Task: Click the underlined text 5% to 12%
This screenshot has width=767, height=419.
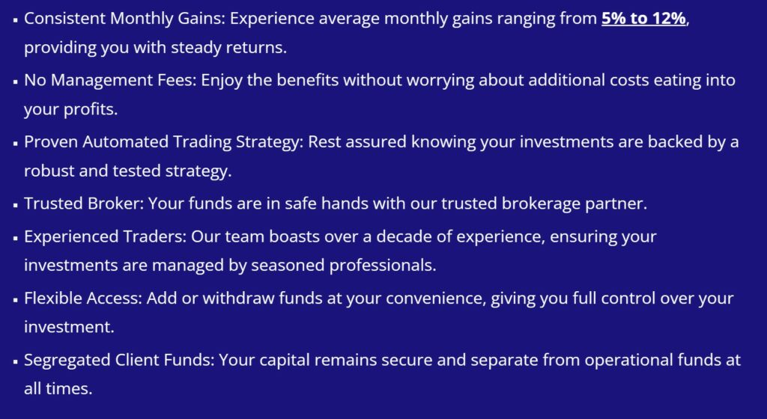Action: [x=643, y=19]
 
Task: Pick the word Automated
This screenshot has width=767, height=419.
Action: [x=125, y=141]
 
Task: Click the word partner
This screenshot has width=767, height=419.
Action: [x=616, y=204]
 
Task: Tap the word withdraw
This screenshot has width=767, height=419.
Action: [x=238, y=298]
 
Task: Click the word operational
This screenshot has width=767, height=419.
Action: [x=628, y=360]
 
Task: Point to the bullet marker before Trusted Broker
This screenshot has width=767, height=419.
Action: [x=16, y=205]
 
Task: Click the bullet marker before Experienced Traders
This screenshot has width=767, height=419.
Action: [x=16, y=238]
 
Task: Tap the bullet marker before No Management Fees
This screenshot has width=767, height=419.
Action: [x=16, y=82]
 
